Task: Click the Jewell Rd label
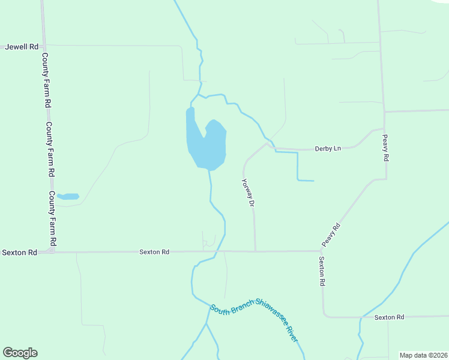(x=22, y=46)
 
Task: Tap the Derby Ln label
(x=328, y=148)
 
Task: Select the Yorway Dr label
(x=248, y=193)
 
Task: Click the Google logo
(x=20, y=353)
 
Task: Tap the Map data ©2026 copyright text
(x=424, y=355)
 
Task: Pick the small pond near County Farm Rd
(x=69, y=196)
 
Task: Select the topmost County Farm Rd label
(x=46, y=79)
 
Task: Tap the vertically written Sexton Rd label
(x=322, y=271)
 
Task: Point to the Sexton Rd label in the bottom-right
(x=389, y=317)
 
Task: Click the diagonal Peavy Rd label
(x=331, y=235)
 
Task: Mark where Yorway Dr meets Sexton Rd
(x=255, y=251)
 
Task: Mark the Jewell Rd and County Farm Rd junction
(x=43, y=46)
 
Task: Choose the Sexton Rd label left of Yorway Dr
(x=154, y=253)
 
